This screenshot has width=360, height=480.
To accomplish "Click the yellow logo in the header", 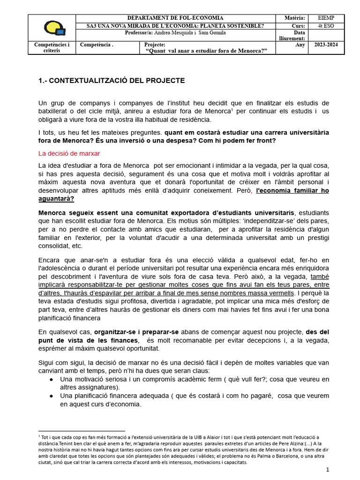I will pos(54,28).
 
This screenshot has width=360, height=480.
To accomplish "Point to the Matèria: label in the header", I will pos(295,18).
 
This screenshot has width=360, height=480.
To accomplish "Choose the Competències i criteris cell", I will pos(52,48).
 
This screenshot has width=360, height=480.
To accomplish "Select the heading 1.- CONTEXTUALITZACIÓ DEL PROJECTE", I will pos(112,81).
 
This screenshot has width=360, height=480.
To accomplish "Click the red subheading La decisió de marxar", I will pos(69,153).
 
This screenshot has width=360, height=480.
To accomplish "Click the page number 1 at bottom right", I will pos(328,469).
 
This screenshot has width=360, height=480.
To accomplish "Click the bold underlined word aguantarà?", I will pos(56,199).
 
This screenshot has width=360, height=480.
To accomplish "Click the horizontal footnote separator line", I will pos(81,431).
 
